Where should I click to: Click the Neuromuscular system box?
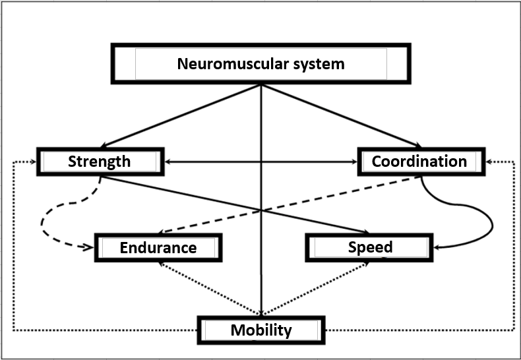(260, 64)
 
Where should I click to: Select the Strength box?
(100, 162)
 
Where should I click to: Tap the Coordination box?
(419, 162)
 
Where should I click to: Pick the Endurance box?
(158, 247)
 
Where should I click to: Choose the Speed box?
(369, 247)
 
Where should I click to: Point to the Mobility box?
(260, 330)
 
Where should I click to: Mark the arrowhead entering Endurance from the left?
(90, 248)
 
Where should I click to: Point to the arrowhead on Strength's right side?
(168, 162)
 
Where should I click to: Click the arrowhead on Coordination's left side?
(355, 162)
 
